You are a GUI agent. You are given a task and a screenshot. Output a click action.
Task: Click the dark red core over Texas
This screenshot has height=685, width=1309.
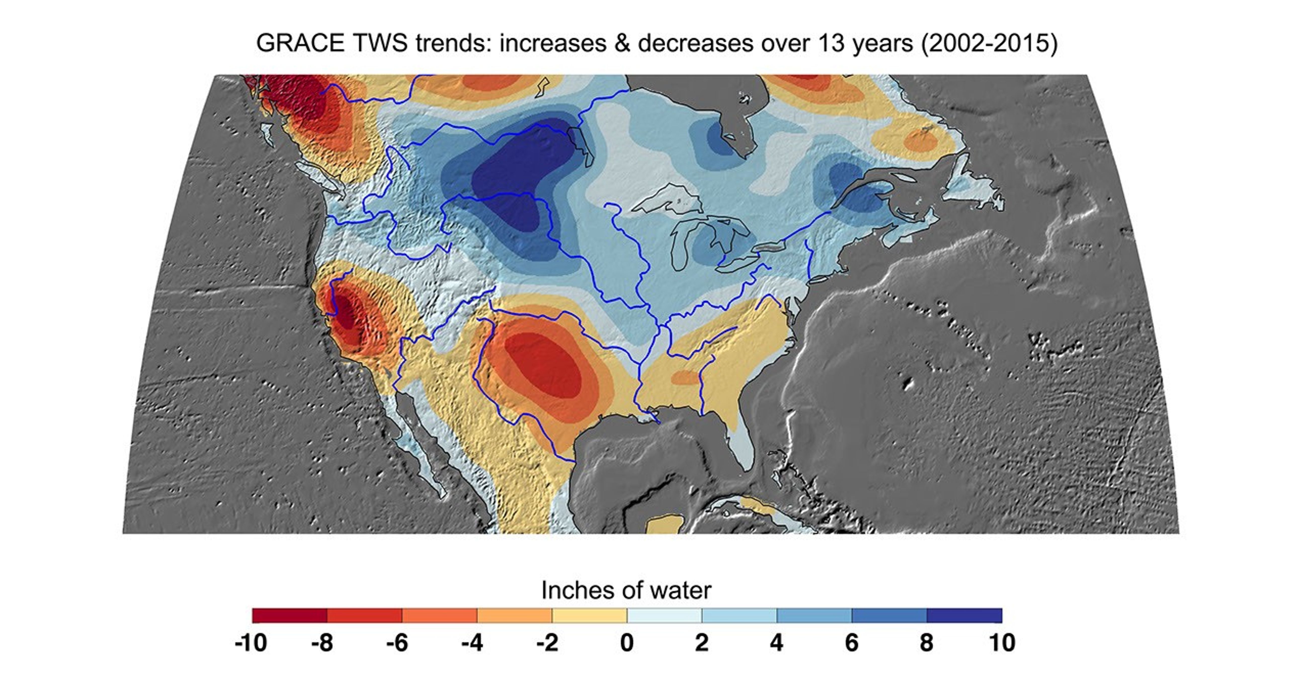(546, 366)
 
